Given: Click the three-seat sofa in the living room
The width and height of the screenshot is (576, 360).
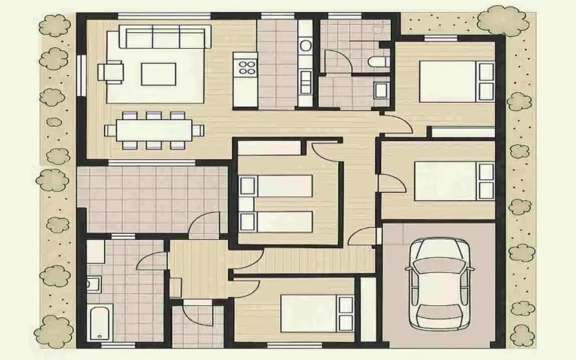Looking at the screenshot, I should coord(165,37).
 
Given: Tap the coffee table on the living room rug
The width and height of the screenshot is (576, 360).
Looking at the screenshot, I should coord(158,73).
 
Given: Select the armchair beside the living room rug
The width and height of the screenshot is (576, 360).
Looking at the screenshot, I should coord(112,71).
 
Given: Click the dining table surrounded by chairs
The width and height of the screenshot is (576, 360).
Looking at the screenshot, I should coord(154,130).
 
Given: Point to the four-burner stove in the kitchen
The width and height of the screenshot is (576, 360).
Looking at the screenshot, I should coord(245,68).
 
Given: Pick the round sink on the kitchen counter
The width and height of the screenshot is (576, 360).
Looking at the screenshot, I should coord(305,46).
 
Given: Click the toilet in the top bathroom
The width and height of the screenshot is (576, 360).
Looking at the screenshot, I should coord(379,61).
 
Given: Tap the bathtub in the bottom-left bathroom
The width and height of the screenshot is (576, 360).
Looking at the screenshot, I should coord(99,322).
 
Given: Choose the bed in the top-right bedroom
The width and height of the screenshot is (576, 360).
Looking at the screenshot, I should coord(456,81).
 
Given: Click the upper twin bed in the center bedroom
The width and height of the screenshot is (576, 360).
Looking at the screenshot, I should coord(275,186).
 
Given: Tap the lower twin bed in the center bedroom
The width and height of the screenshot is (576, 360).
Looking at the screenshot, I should coord(275,222).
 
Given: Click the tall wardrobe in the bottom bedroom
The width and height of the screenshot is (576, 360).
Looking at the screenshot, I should coord(367,309).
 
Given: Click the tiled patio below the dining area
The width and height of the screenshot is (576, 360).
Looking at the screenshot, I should coord(152,199).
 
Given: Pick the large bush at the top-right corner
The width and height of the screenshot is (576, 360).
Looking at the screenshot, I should coord(502,20).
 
